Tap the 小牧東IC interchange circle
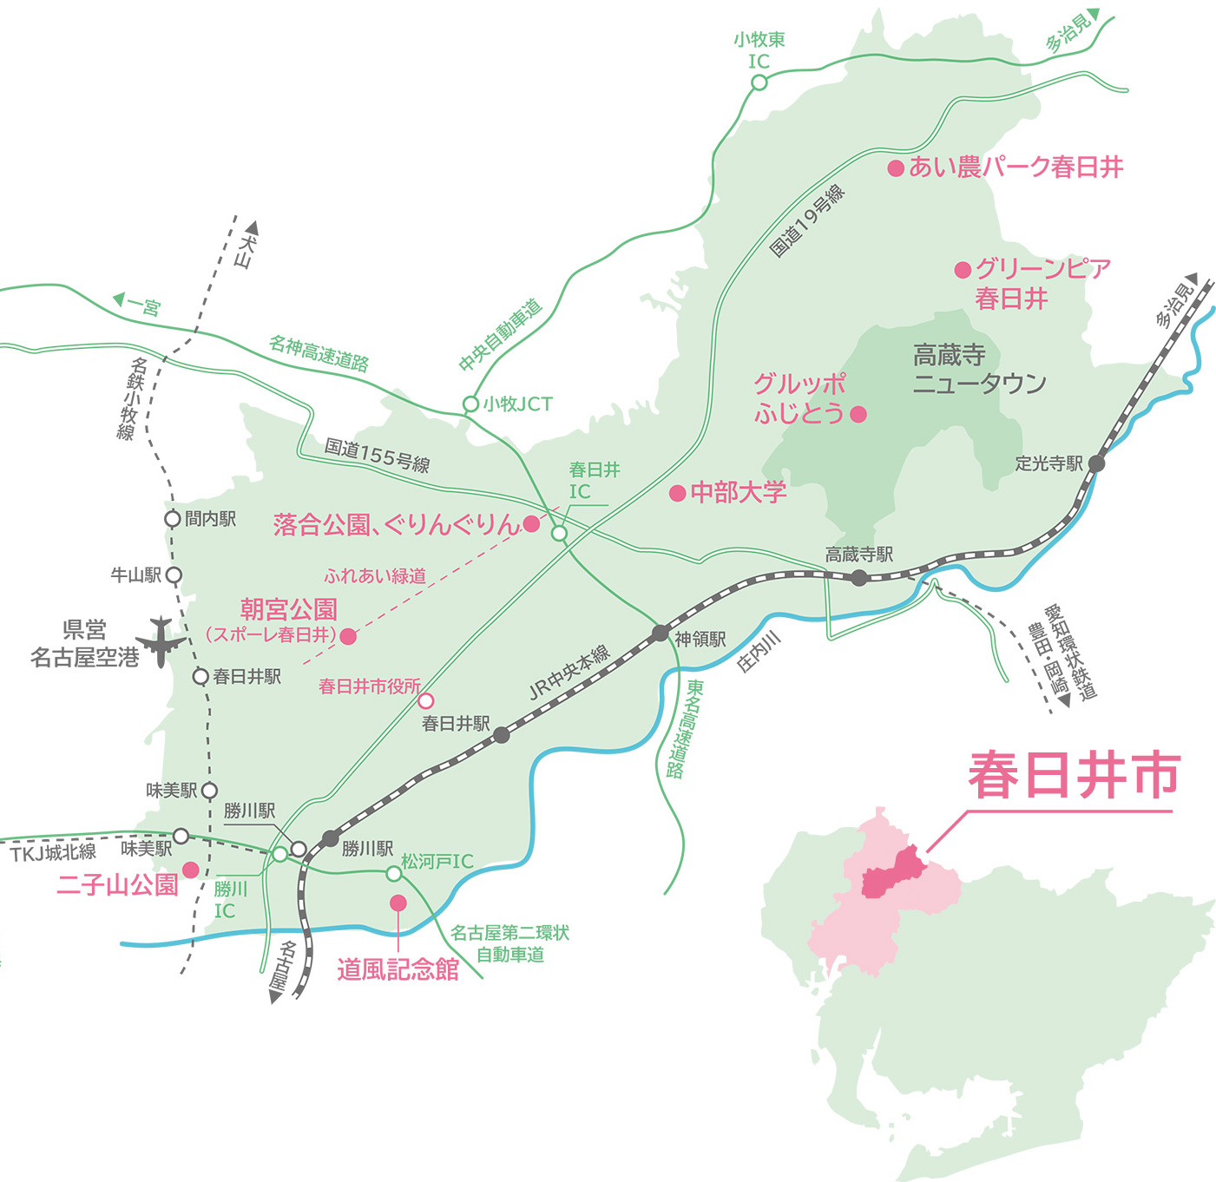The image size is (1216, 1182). tap(759, 82)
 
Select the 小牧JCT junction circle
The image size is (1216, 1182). tap(470, 404)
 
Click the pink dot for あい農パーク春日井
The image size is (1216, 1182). tap(896, 168)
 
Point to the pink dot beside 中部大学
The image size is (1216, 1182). tap(678, 494)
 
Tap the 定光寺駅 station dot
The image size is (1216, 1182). tap(1097, 463)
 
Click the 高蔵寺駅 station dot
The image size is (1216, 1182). tap(858, 577)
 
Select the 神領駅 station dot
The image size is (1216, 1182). tap(661, 633)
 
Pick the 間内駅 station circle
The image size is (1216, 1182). tap(173, 519)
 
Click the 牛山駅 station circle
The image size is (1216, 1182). tap(174, 575)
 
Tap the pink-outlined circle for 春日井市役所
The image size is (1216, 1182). tap(426, 700)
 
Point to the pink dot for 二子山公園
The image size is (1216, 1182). tap(190, 870)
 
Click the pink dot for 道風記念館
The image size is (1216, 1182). tap(398, 903)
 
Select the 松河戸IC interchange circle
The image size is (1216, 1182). tap(393, 873)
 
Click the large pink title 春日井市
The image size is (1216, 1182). tap(1074, 775)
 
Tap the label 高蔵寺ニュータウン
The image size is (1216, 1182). tap(979, 369)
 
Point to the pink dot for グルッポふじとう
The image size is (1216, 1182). tap(858, 414)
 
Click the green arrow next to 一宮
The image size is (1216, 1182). tap(120, 300)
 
